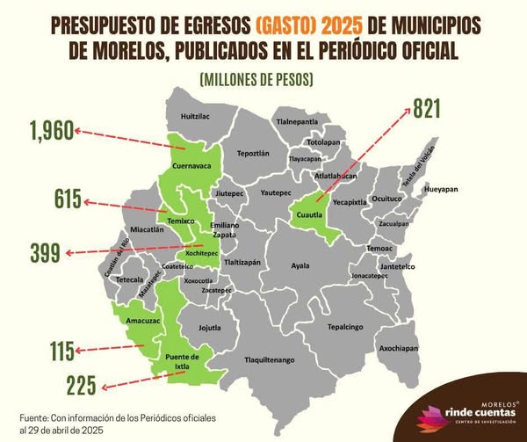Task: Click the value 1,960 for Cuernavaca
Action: tap(39, 132)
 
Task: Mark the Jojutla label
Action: tap(210, 328)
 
